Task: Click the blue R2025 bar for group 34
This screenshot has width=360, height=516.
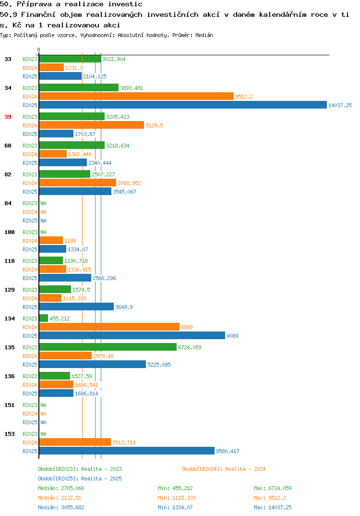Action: pos(183,105)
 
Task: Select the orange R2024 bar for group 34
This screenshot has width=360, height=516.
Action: pos(136,97)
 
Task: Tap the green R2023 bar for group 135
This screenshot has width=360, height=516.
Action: pos(108,347)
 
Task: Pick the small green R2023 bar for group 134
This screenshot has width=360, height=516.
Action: pos(44,318)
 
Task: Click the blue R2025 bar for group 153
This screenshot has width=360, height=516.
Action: pos(127,451)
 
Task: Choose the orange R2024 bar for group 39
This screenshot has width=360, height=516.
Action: pos(92,125)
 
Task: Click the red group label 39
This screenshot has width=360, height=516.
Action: pos(8,117)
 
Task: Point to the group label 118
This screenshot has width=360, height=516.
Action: pos(10,261)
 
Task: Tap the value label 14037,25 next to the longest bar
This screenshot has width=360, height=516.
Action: pos(340,105)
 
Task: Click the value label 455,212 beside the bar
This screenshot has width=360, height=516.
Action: pos(60,319)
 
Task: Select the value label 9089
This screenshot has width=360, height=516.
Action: pos(232,336)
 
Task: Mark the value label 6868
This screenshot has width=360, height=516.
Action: pos(187,327)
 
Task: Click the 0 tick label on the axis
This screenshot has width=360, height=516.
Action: pos(38,49)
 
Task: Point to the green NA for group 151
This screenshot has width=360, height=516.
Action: pos(43,405)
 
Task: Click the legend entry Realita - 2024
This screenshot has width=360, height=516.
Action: pos(224,469)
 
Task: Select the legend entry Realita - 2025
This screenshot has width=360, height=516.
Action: pos(80,479)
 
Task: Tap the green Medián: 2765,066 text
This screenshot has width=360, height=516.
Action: pos(61,488)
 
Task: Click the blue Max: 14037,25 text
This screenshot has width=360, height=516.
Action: pos(273,507)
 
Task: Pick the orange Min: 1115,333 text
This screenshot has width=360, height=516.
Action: pos(177,498)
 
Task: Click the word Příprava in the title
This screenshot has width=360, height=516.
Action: pos(34,4)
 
